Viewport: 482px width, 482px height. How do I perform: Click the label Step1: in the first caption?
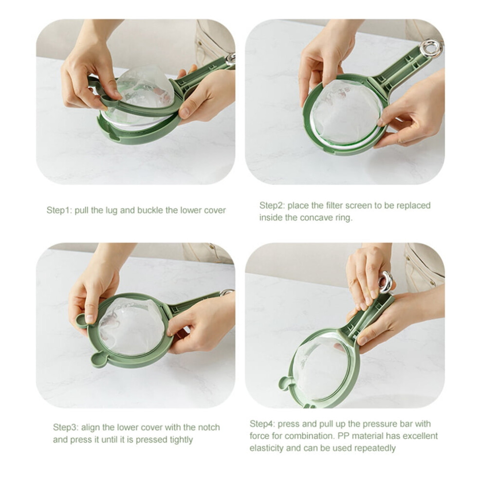59,210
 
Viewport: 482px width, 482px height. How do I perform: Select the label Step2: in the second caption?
272,205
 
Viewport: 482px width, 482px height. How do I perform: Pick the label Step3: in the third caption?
66,427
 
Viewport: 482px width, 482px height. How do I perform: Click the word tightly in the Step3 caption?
179,440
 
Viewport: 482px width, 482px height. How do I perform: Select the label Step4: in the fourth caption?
262,424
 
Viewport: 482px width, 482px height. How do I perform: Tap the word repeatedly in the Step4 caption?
375,448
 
